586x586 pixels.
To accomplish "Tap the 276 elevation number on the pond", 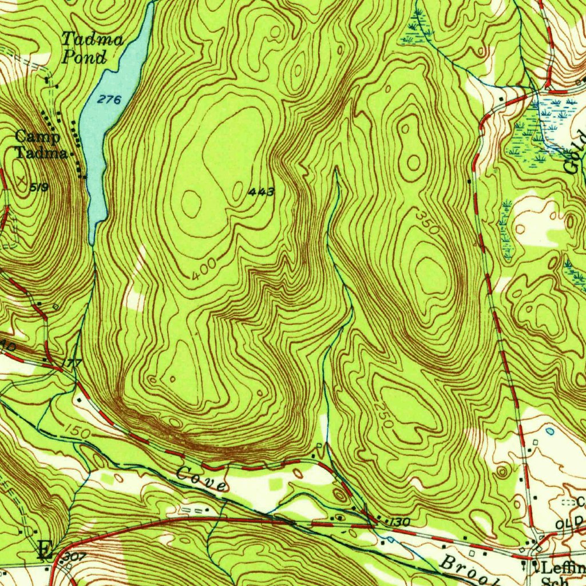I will tap(109, 100).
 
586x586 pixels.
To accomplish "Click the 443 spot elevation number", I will tap(262, 192).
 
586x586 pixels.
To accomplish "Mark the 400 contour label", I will tap(204, 269).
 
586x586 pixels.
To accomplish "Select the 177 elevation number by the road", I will tap(73, 363).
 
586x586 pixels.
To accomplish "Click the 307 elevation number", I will tap(74, 556).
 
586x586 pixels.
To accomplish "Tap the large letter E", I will tap(43, 551).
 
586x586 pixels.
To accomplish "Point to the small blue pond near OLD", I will tap(550, 430).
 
